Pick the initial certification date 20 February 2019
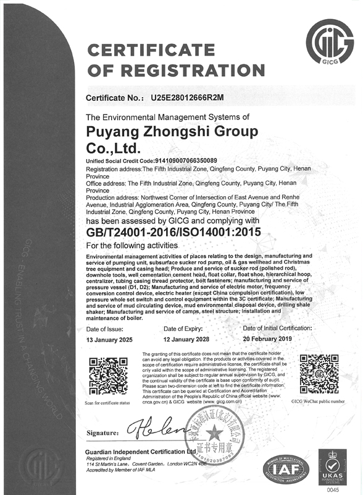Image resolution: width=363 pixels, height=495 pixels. [x=270, y=340]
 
